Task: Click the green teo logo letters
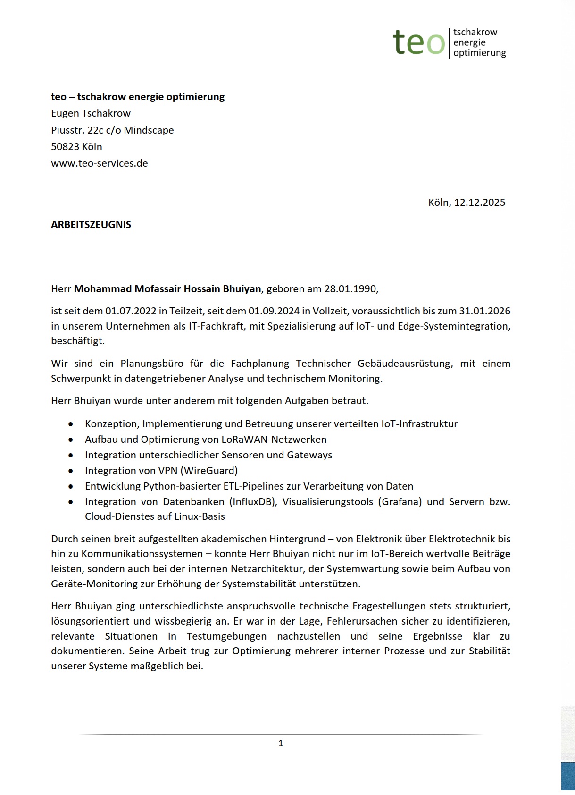point(419,42)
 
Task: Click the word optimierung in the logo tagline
point(479,53)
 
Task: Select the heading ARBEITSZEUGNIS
point(91,225)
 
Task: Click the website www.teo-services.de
point(100,163)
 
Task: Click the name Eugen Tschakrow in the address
point(91,113)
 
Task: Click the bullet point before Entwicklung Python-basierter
point(71,486)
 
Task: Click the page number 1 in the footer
point(281,744)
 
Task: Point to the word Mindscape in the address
point(149,130)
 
